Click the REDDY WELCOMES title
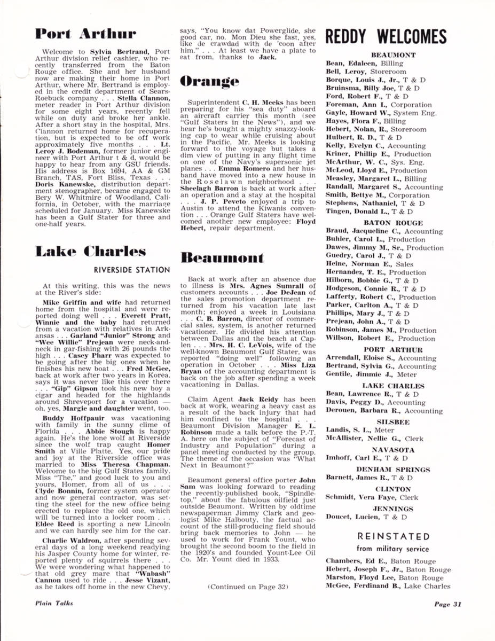[386, 36]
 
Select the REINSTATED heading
[386, 536]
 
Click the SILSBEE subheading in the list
[386, 421]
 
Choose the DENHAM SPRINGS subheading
[386, 470]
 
